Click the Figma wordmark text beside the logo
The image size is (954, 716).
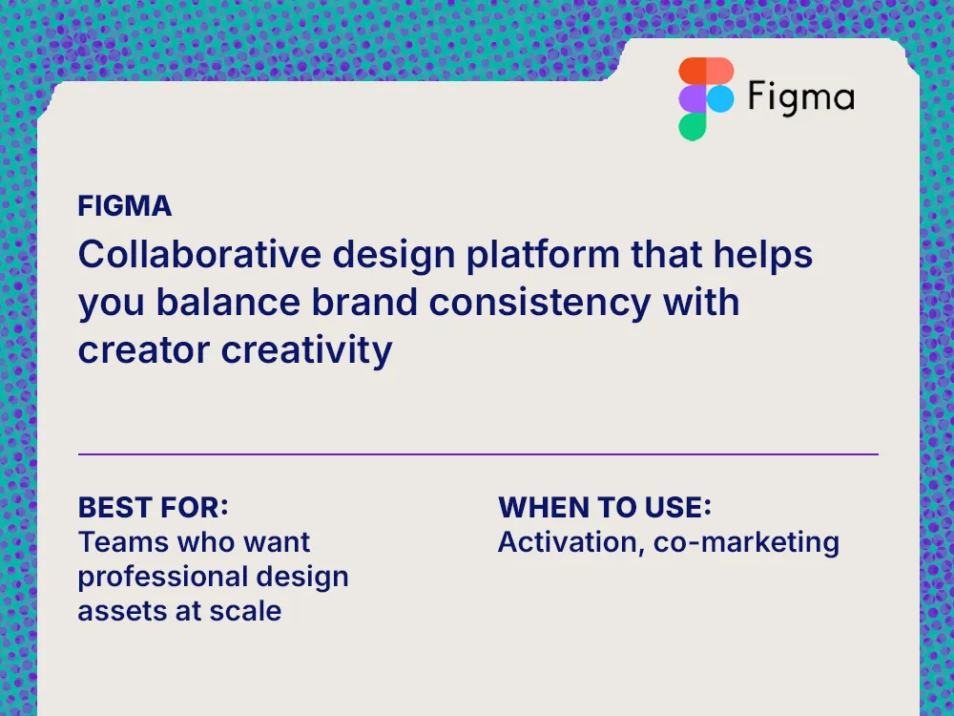(800, 97)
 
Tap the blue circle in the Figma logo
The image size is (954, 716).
(719, 98)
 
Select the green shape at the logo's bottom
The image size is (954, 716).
(693, 126)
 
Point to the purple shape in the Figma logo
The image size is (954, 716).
(693, 98)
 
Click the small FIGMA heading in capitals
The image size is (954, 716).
(125, 206)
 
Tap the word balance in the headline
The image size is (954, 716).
(226, 303)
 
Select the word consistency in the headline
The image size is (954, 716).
(538, 303)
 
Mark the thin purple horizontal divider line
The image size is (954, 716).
(477, 454)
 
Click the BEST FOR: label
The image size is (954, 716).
(154, 506)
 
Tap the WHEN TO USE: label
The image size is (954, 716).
(605, 506)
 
